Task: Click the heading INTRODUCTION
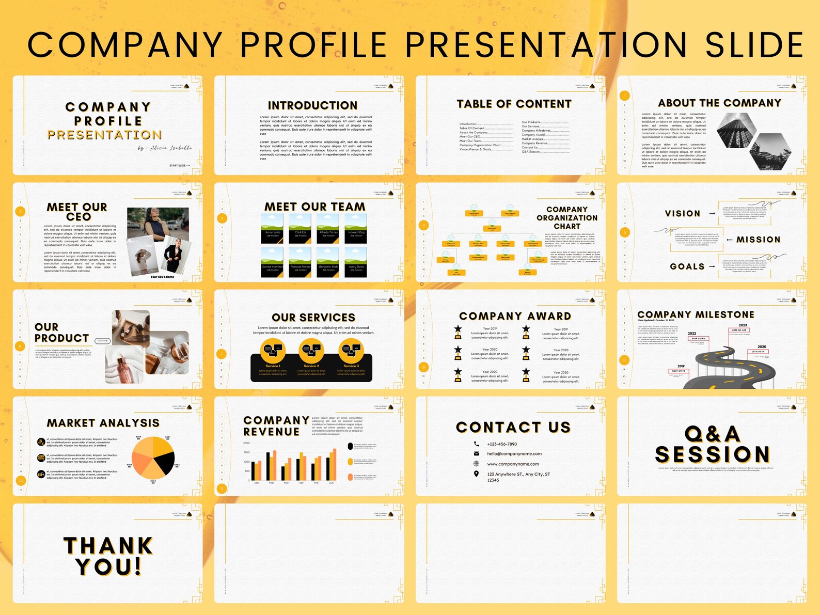(x=312, y=105)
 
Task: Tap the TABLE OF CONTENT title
(x=514, y=104)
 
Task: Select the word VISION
(x=682, y=213)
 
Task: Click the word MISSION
(x=758, y=240)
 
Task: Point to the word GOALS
(x=687, y=266)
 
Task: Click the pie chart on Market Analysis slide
(x=153, y=458)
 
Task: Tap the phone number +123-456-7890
(x=502, y=444)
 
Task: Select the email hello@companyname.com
(x=514, y=454)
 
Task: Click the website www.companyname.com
(x=513, y=464)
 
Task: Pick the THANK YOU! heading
(x=108, y=556)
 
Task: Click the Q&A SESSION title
(x=712, y=445)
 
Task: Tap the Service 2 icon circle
(x=311, y=351)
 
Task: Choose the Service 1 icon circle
(x=273, y=351)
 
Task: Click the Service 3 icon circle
(x=351, y=351)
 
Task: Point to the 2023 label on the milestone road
(x=743, y=325)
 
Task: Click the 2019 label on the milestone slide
(x=681, y=366)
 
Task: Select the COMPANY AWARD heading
(x=515, y=316)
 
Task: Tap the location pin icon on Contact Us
(x=476, y=474)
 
